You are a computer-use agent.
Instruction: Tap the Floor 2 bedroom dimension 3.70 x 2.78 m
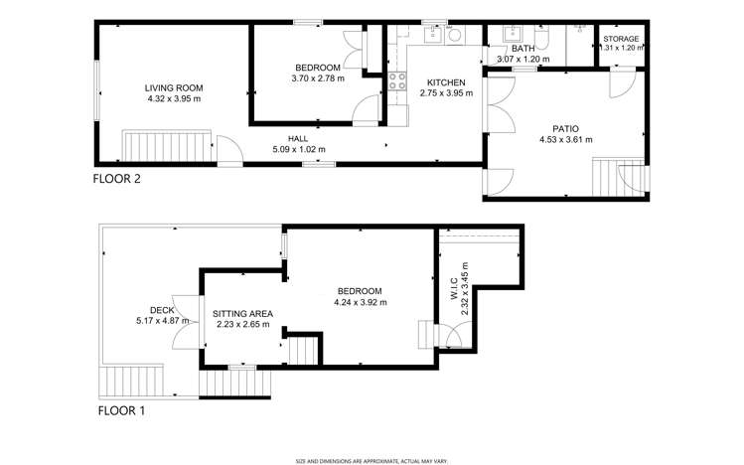click(316, 78)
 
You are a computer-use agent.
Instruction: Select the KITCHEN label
click(446, 81)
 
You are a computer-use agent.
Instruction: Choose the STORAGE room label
click(621, 39)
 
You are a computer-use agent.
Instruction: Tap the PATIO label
click(565, 127)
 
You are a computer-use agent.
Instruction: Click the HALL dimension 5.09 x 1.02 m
click(299, 150)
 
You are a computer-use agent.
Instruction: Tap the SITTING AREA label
click(242, 313)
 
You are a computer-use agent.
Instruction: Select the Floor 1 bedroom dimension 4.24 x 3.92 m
click(360, 302)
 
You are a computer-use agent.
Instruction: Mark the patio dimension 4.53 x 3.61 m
click(565, 139)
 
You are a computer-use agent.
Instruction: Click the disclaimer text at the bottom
click(372, 460)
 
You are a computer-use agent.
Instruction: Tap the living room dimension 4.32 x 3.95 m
click(174, 98)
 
